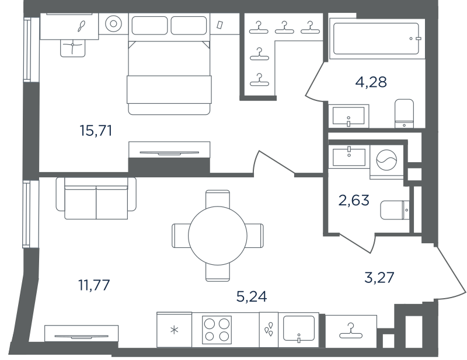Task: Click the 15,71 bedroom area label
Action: point(96,131)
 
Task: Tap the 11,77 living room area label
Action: point(94,285)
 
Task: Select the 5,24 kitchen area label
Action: point(252,296)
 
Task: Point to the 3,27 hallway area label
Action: point(379,277)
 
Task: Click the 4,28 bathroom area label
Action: point(371,82)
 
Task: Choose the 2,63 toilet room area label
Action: point(354,200)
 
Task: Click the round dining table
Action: point(218,236)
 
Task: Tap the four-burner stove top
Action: point(217,330)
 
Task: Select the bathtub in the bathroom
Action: point(377,39)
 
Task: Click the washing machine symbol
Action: point(386,160)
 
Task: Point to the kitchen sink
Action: point(299,328)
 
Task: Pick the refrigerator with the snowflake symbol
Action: point(174,330)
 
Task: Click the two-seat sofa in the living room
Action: point(96,198)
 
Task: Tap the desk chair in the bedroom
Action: point(72,48)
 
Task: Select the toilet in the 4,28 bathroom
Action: point(404,113)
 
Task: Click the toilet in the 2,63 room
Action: point(395,210)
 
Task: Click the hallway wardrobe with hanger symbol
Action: point(351,331)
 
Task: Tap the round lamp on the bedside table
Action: point(113,23)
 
